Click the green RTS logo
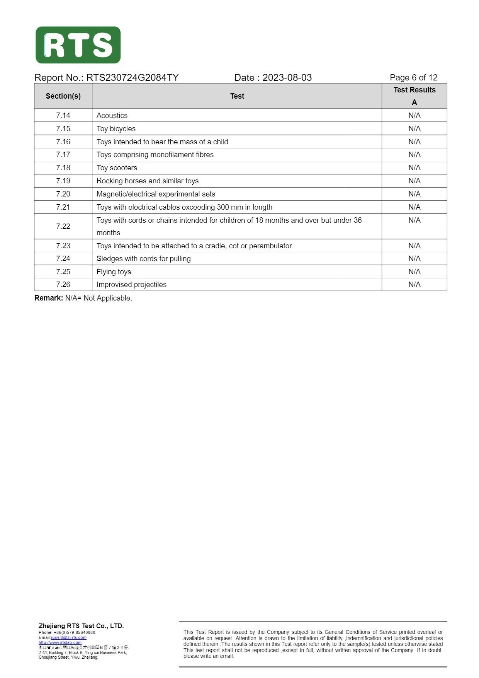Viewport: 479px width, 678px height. [x=78, y=45]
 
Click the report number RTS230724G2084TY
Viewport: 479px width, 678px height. [x=132, y=78]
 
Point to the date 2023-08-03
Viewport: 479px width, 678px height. [x=287, y=78]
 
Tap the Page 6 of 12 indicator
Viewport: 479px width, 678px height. [x=413, y=78]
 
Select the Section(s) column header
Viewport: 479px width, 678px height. [x=63, y=96]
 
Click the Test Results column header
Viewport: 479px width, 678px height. [x=414, y=90]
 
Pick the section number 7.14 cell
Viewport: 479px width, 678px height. [x=63, y=115]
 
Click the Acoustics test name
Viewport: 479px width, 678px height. [x=112, y=115]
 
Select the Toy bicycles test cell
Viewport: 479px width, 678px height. [x=116, y=128]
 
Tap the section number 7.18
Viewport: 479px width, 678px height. [x=63, y=167]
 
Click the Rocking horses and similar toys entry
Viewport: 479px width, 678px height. [x=148, y=181]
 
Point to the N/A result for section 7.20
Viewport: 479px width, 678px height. [x=414, y=194]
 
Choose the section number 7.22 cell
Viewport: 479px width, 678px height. [x=63, y=226]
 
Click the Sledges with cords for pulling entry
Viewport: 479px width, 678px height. [x=144, y=258]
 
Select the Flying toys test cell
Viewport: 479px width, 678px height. [x=114, y=272]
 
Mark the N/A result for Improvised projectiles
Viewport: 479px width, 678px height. [x=414, y=284]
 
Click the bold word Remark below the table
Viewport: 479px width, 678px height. [x=48, y=298]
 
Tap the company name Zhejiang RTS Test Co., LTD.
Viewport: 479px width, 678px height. [x=81, y=626]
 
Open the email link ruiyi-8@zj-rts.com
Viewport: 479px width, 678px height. [x=68, y=637]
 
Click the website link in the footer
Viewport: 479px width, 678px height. [x=60, y=642]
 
